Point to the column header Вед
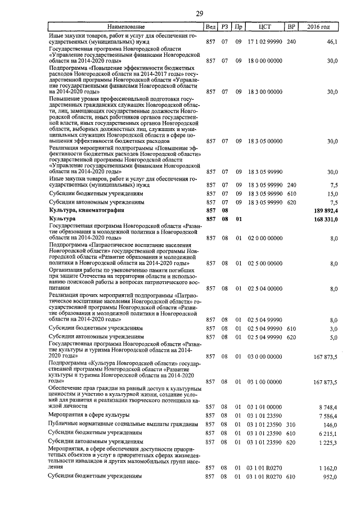210,26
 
